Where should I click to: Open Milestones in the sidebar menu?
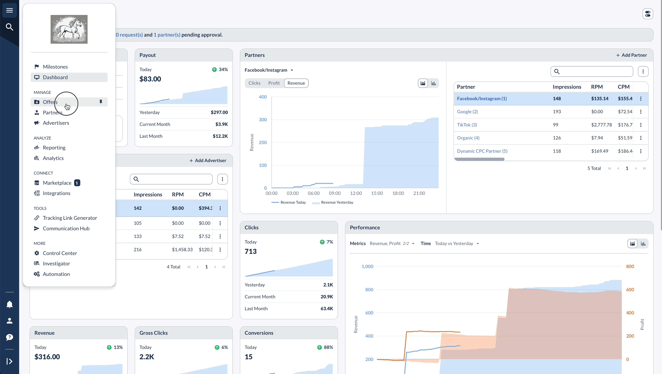coord(55,67)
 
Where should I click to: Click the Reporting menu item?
coord(54,148)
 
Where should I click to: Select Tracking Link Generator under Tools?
coord(70,218)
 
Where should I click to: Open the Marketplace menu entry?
coord(57,183)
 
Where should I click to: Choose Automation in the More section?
coord(56,274)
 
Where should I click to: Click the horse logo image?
coord(69,29)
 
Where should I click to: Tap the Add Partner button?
coord(631,55)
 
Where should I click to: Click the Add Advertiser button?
coord(208,161)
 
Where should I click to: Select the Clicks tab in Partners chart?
coord(254,83)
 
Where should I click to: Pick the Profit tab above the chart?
coord(274,83)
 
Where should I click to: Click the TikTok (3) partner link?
coord(467,125)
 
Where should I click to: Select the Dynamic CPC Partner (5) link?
coord(482,151)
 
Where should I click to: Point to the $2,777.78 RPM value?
coord(601,125)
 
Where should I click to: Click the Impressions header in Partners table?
coord(567,87)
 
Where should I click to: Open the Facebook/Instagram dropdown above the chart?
coord(269,70)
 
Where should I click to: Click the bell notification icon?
coord(10,304)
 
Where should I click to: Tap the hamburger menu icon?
coord(10,10)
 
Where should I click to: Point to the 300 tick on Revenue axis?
coord(263,120)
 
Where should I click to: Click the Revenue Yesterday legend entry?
coord(333,202)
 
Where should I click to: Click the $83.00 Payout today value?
coord(150,79)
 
